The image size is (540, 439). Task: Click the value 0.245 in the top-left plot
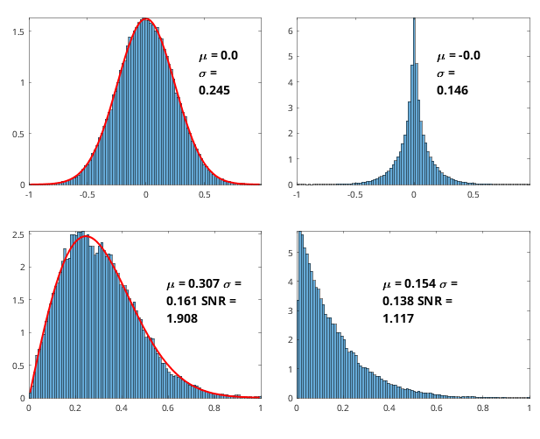coord(214,90)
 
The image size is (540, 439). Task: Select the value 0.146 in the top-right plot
coord(452,90)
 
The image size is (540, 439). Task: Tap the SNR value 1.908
coord(182,318)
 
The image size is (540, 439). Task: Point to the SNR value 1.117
coord(398,318)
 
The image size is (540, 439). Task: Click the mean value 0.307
coord(204,283)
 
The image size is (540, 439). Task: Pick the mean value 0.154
coord(420,283)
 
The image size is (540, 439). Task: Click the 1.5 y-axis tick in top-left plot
coord(18,31)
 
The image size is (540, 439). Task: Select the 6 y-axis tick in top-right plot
coord(291,31)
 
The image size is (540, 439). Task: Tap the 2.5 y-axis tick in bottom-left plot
coord(18,235)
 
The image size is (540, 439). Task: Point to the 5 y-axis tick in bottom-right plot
coord(291,253)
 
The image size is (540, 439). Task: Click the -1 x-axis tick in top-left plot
coord(29,195)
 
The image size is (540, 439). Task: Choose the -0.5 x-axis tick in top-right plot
coord(355,195)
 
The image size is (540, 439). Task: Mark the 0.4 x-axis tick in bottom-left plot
coord(122,408)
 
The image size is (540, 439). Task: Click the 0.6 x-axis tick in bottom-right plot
coord(437,408)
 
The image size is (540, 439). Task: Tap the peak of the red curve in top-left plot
coord(145,18)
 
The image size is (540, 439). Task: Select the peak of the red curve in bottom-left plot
coord(86,236)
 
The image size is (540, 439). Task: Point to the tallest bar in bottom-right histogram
coord(300,315)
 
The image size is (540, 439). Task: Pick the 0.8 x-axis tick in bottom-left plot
coord(214,408)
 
